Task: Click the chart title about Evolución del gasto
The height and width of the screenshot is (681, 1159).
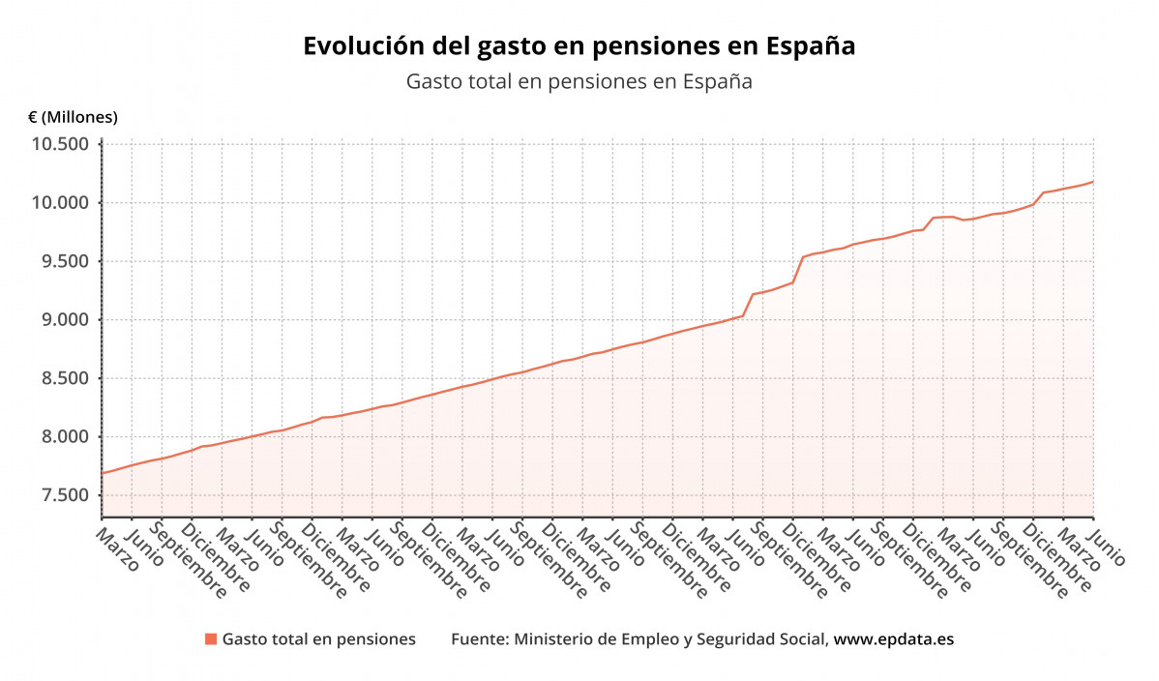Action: coord(579,46)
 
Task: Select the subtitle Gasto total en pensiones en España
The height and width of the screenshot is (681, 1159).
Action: coord(579,82)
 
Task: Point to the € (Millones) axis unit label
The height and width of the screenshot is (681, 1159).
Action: coord(73,117)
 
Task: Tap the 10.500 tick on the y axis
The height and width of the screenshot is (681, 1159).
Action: coord(61,144)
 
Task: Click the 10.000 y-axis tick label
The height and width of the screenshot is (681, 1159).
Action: coord(61,203)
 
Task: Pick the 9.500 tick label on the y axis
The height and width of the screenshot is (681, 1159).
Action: coord(65,261)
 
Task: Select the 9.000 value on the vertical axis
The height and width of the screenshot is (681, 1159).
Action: coord(65,320)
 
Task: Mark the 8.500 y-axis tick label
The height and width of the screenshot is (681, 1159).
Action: coord(65,378)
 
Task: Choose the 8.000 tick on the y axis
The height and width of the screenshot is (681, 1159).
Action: coord(65,437)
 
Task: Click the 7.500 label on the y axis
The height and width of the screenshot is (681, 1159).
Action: coord(65,495)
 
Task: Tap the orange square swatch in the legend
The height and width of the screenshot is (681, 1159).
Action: coord(210,639)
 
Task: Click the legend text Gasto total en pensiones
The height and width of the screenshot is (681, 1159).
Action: coord(318,639)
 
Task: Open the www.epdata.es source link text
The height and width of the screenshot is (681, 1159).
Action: coord(894,639)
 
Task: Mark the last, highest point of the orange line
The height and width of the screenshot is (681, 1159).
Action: coord(1092,182)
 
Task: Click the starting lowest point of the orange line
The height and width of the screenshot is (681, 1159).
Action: coord(103,473)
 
